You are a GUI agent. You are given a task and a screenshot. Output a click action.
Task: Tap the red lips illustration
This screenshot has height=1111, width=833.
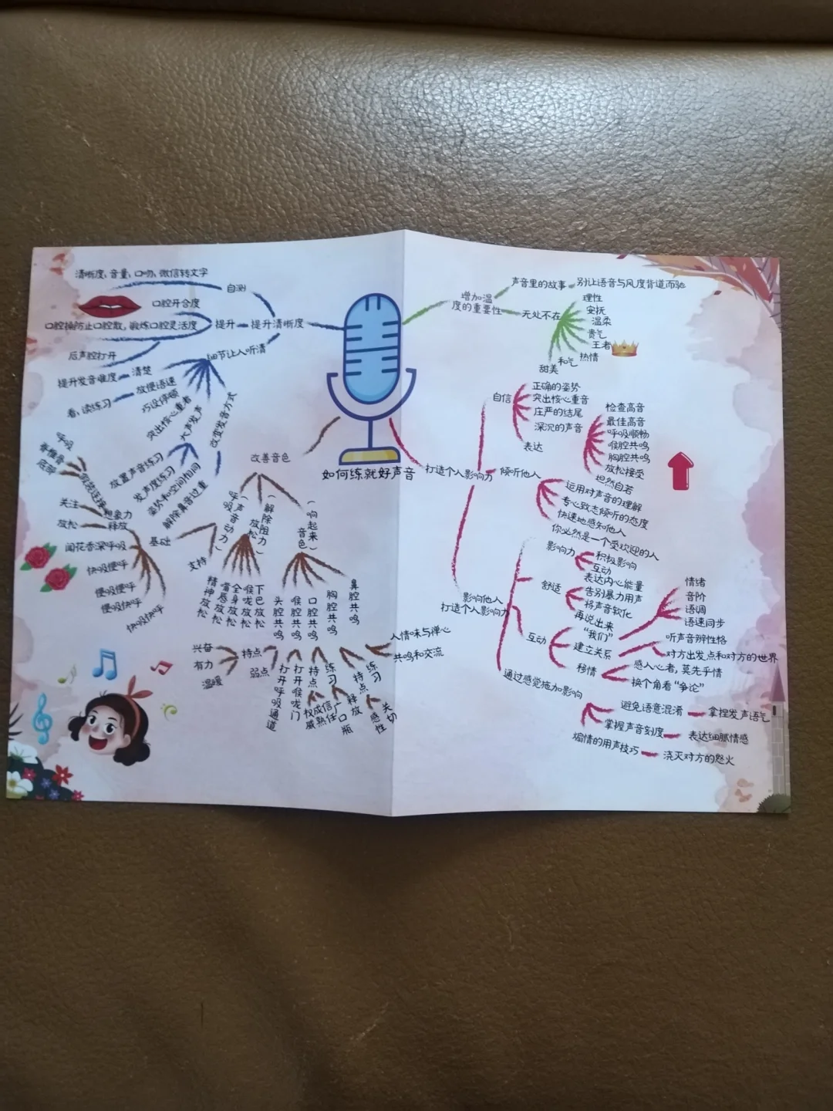coord(110,306)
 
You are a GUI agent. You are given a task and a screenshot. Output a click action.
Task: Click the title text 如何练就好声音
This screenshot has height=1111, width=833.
coord(368,473)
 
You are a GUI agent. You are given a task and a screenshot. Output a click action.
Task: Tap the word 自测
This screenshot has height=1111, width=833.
coord(235,288)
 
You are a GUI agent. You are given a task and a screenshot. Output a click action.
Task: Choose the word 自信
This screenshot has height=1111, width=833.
coord(502,398)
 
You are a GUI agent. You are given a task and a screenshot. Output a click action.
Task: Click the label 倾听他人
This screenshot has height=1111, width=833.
coord(520,471)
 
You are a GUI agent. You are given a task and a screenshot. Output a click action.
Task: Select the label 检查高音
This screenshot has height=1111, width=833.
coord(625,407)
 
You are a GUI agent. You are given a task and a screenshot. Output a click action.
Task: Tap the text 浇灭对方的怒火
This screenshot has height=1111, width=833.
coord(698,759)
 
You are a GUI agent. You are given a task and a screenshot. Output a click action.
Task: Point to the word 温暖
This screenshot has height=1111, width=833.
coord(211,683)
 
